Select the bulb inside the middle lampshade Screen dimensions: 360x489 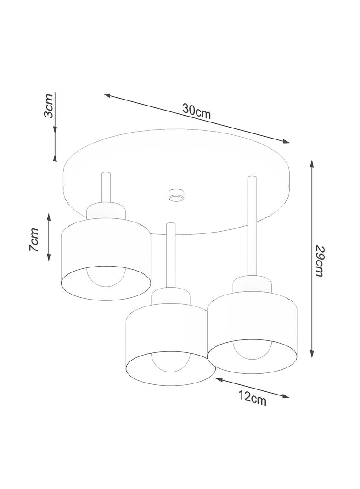pos(170,362)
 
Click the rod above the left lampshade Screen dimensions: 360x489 pos(106,188)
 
